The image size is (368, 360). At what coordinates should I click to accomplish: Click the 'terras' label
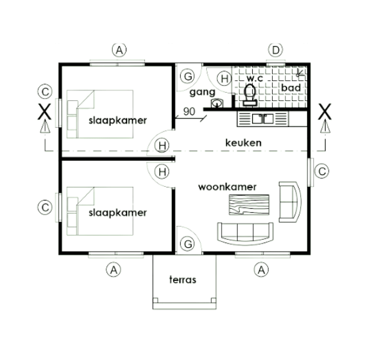click(x=182, y=280)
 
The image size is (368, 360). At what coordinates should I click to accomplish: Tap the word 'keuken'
click(x=243, y=143)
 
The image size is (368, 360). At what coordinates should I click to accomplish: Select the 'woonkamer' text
click(x=227, y=187)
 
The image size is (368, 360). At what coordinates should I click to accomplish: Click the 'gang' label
click(x=202, y=92)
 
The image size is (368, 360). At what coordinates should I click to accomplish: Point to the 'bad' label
click(x=291, y=88)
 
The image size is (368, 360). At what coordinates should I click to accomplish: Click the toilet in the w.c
click(x=250, y=95)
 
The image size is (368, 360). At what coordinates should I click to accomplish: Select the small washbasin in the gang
click(x=217, y=103)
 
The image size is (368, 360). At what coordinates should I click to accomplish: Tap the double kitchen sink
click(x=263, y=118)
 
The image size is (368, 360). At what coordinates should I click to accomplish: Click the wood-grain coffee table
click(x=249, y=204)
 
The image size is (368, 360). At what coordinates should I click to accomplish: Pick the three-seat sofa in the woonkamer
click(x=245, y=234)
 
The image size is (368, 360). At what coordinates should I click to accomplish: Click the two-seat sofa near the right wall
click(x=290, y=202)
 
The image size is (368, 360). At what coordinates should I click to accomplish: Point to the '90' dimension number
click(x=189, y=111)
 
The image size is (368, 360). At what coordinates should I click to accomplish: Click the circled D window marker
click(x=275, y=50)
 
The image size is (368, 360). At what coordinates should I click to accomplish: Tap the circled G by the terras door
click(x=187, y=244)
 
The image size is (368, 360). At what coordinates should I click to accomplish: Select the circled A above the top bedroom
click(x=119, y=50)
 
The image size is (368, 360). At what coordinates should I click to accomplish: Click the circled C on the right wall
click(x=321, y=171)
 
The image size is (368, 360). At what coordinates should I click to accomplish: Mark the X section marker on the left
click(x=45, y=112)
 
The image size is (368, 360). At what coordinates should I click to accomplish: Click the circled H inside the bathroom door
click(x=224, y=78)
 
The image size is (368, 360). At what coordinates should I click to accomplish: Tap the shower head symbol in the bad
click(x=300, y=73)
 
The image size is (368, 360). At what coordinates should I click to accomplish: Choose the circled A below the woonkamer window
click(x=262, y=270)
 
